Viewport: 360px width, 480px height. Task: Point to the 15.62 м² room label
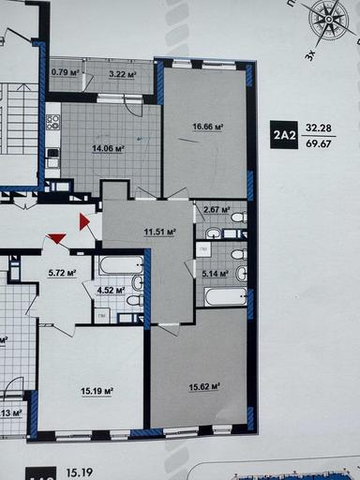point(203,385)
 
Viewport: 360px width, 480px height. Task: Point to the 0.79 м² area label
point(64,72)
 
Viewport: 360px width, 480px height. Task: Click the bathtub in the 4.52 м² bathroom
point(119,265)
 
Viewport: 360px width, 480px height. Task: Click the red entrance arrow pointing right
point(84,223)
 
